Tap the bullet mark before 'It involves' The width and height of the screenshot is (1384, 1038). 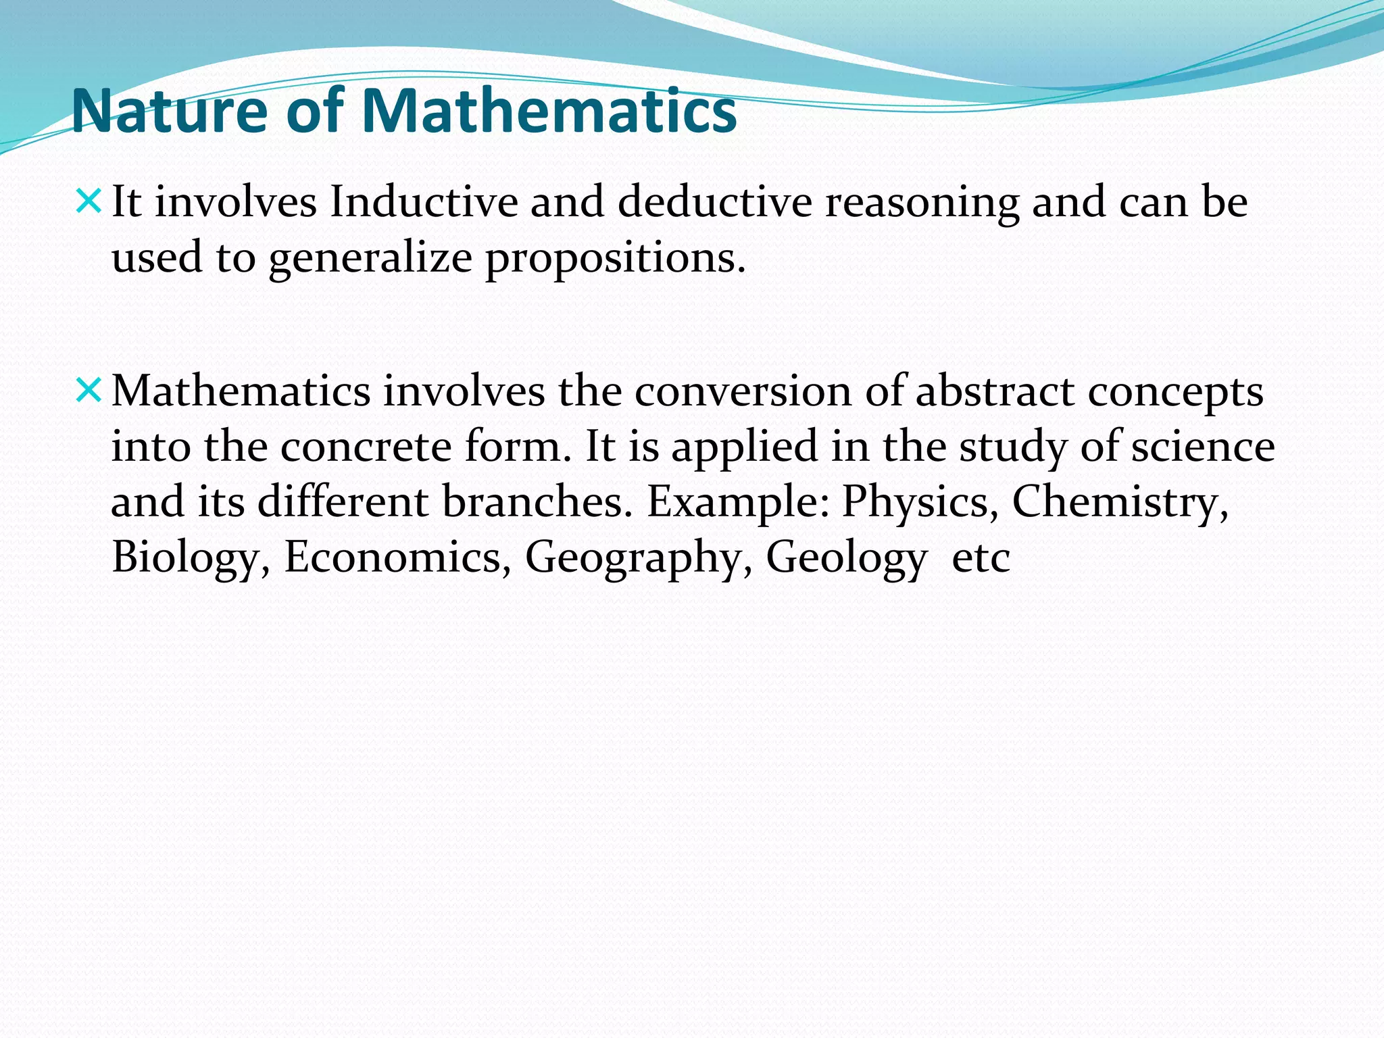[x=89, y=201]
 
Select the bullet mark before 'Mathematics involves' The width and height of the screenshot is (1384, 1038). [x=89, y=390]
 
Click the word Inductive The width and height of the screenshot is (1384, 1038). [x=423, y=202]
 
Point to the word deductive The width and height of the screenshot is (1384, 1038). [x=714, y=202]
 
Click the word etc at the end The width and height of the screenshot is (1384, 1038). [x=981, y=559]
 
